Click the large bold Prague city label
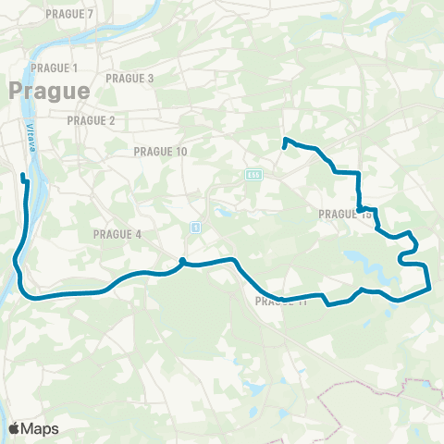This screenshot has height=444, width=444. coord(50,91)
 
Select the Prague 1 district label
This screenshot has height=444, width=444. coord(54,68)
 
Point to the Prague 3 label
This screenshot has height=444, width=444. coord(130,79)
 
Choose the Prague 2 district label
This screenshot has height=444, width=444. coord(91,121)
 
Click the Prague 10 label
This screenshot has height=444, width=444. coord(160,151)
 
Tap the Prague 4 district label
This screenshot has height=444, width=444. coord(117,234)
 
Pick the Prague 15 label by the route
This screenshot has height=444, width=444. coord(344,215)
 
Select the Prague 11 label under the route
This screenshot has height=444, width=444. coord(280,302)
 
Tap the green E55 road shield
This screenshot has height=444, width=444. coord(253,174)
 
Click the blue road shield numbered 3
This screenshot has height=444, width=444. coord(195,227)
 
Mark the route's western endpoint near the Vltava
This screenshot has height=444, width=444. coord(23,175)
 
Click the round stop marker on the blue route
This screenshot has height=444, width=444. coord(183,261)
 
